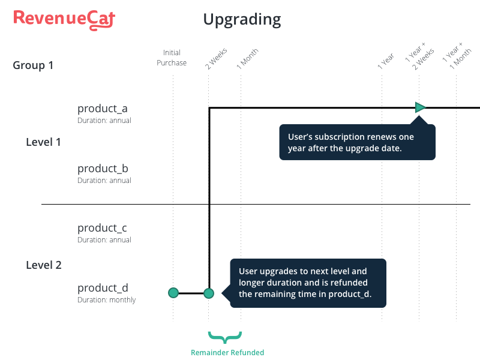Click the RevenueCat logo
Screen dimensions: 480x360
(64, 20)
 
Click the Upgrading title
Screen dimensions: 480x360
(242, 20)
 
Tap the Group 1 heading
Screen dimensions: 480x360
(33, 65)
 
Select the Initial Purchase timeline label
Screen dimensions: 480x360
(172, 58)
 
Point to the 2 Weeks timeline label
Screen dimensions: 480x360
(216, 58)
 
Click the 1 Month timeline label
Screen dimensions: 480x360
(248, 58)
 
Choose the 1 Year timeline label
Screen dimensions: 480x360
(386, 61)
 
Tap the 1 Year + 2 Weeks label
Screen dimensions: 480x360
(419, 56)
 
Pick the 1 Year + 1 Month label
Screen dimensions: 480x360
(457, 56)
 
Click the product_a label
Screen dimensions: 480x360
(102, 109)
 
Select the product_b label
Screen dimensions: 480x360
(103, 169)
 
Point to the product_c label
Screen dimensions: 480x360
(102, 228)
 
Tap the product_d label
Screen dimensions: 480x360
(103, 288)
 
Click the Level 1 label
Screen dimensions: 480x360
(43, 142)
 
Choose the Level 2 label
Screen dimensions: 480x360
(44, 265)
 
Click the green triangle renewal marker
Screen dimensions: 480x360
(420, 107)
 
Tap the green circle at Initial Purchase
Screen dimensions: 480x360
(173, 293)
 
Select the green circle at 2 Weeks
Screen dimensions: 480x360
(209, 293)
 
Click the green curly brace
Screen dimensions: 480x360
(225, 337)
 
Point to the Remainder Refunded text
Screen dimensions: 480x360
(227, 353)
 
